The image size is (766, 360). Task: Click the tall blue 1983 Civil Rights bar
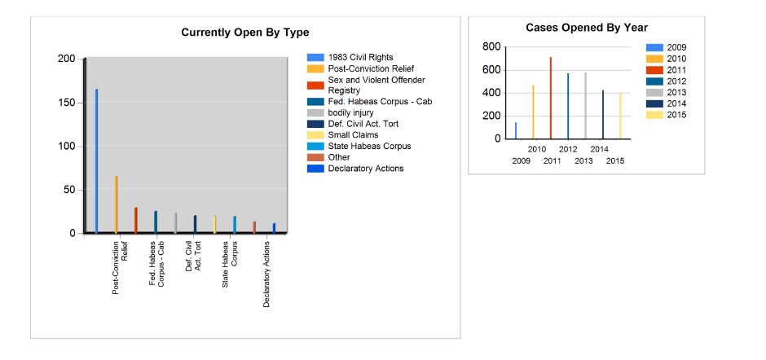point(96,161)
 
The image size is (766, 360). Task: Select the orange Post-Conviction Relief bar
point(117,204)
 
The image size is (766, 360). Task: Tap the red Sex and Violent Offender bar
point(136,220)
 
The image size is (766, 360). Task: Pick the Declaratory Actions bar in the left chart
point(274,228)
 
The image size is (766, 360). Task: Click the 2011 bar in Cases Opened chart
point(551,99)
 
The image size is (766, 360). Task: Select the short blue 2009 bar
point(516,130)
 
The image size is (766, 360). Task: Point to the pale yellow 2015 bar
point(620,116)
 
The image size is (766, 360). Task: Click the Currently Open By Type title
point(245,33)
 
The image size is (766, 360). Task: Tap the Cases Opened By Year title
point(587,28)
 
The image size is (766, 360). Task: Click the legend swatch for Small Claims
point(315,135)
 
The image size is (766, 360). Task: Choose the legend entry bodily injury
point(350,113)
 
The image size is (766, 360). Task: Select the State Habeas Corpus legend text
point(369,146)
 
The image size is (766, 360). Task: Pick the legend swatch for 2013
point(654,93)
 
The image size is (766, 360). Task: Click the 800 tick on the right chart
point(491,47)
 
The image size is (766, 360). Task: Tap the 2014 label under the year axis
point(599,150)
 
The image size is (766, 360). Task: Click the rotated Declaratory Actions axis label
point(266,274)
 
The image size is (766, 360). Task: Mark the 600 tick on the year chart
point(491,70)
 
